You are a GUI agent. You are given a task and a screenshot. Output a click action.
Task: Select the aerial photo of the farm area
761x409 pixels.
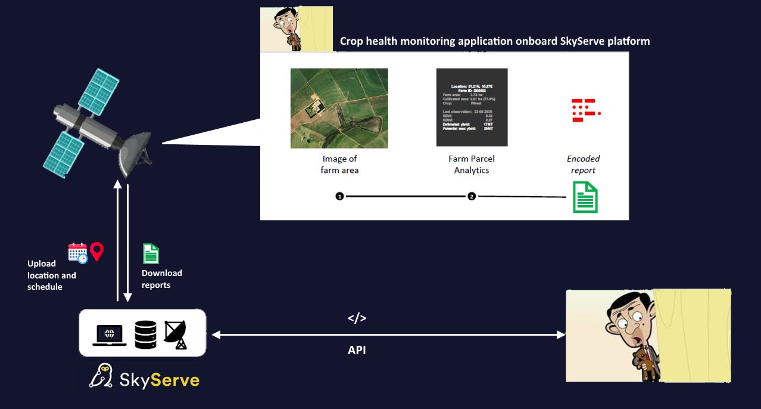[339, 108]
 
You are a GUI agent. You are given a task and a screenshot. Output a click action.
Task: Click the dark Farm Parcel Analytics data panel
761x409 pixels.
[472, 107]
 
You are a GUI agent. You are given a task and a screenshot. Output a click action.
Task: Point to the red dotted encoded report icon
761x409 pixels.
[585, 110]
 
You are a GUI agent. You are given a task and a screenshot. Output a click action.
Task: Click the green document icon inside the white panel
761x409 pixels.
[585, 197]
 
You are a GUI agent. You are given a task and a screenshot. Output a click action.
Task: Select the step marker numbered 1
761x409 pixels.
[339, 196]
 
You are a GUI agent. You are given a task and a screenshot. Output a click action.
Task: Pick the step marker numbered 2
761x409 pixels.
[472, 196]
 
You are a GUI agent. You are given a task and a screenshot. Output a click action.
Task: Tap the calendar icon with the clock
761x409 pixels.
[77, 253]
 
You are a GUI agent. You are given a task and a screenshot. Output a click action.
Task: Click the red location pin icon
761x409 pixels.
[96, 252]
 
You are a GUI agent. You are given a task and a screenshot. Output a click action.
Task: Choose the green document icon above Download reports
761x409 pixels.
[151, 253]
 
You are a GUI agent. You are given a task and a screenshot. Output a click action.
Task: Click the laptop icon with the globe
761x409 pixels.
[110, 335]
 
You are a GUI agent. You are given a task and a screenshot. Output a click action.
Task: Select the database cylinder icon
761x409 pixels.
[145, 334]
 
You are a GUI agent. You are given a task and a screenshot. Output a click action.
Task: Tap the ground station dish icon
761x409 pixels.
[176, 334]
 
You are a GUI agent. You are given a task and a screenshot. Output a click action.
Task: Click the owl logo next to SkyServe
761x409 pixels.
[102, 376]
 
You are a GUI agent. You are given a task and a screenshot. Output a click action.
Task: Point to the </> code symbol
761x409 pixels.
[357, 318]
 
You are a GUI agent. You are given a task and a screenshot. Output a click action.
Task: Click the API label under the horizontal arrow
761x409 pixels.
[357, 351]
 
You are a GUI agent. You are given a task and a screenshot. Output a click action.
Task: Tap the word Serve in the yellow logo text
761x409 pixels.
[174, 379]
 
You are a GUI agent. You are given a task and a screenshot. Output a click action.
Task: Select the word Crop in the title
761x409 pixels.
[352, 41]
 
